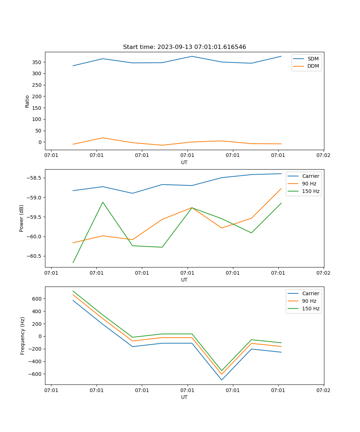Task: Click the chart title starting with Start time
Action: (184, 47)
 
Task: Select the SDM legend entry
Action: (313, 59)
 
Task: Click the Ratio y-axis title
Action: (27, 101)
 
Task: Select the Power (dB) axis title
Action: (22, 218)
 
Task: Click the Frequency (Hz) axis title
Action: (23, 336)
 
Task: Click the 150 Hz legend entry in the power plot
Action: (311, 191)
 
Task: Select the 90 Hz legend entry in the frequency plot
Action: (309, 301)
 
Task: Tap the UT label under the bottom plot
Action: (184, 397)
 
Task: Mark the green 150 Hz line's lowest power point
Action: (73, 262)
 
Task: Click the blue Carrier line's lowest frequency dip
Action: (222, 380)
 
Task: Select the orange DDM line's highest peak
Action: (103, 138)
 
